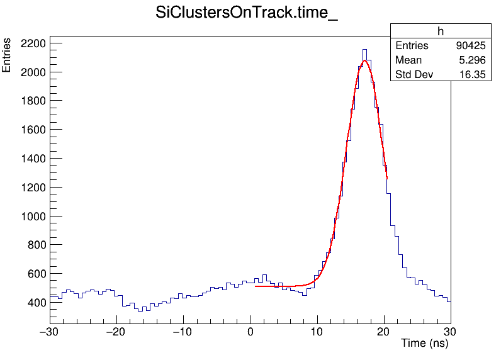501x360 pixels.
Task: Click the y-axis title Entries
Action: (7, 55)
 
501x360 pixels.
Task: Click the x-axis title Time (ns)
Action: (424, 344)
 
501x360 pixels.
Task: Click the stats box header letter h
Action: (441, 31)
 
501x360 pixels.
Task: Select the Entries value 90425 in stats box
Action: (470, 46)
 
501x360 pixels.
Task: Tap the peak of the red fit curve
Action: (364, 60)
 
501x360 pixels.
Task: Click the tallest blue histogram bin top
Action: (364, 49)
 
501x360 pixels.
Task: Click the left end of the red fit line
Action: (256, 286)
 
